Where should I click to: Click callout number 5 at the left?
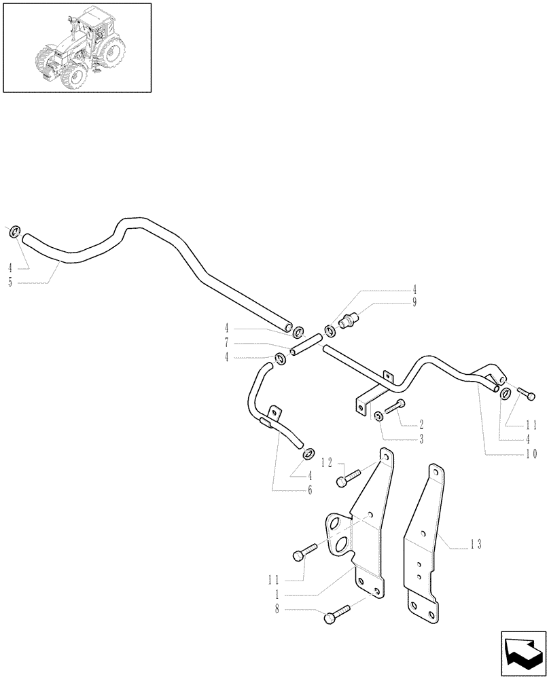pos(10,282)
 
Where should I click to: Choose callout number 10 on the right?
pos(531,454)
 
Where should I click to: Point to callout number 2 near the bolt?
pos(422,425)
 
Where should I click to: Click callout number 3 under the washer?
pos(422,440)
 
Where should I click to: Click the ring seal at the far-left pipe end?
pos(14,233)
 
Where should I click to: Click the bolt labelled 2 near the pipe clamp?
pos(394,407)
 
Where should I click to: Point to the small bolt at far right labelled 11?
pos(525,392)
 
